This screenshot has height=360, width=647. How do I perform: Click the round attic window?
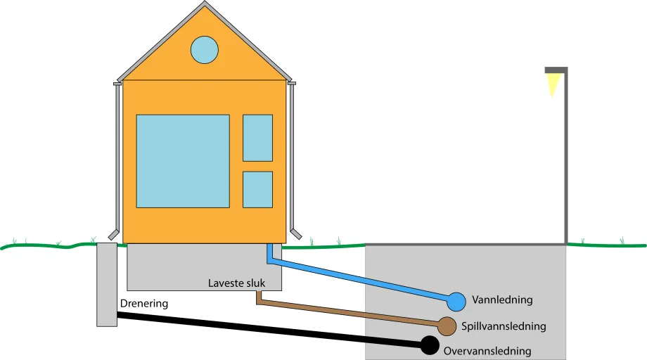[x=205, y=49]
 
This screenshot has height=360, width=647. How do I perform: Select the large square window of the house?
[x=183, y=161]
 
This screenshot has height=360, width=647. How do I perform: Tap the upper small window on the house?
[x=257, y=138]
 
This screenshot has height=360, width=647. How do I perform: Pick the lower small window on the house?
[x=257, y=189]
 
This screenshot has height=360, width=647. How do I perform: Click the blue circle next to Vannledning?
[x=456, y=302]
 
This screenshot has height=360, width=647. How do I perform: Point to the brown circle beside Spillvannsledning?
[x=446, y=326]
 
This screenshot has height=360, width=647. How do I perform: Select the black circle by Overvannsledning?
[x=429, y=345]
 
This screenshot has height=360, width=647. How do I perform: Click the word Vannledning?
[x=502, y=300]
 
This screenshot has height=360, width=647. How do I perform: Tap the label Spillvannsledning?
[x=504, y=327]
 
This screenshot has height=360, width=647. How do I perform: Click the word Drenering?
[x=144, y=304]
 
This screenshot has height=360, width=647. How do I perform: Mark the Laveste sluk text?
[x=237, y=283]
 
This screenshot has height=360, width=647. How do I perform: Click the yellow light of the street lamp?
[x=553, y=84]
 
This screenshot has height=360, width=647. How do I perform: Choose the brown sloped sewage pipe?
[x=352, y=313]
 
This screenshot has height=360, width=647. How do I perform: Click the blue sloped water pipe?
[x=359, y=280]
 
